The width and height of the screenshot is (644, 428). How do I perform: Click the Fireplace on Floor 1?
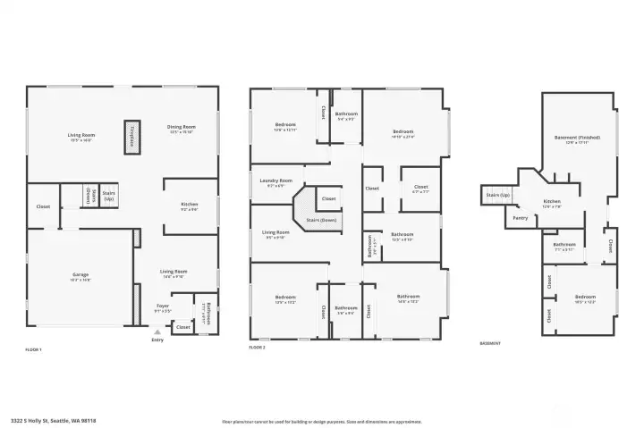point(131,137)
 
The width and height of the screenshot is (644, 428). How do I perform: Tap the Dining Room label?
point(181,128)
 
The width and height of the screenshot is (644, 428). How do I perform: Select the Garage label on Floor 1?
point(81,274)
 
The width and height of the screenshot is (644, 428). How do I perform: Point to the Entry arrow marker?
point(157,331)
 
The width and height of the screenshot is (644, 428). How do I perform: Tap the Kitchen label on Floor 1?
point(189,205)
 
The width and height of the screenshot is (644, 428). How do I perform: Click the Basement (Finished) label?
point(577,138)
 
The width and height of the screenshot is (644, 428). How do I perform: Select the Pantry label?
point(521,217)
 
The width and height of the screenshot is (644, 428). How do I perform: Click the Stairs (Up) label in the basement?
point(497,194)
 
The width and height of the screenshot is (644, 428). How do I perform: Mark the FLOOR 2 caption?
point(258,347)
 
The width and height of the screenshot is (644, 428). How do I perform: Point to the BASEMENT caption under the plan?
point(490,343)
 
